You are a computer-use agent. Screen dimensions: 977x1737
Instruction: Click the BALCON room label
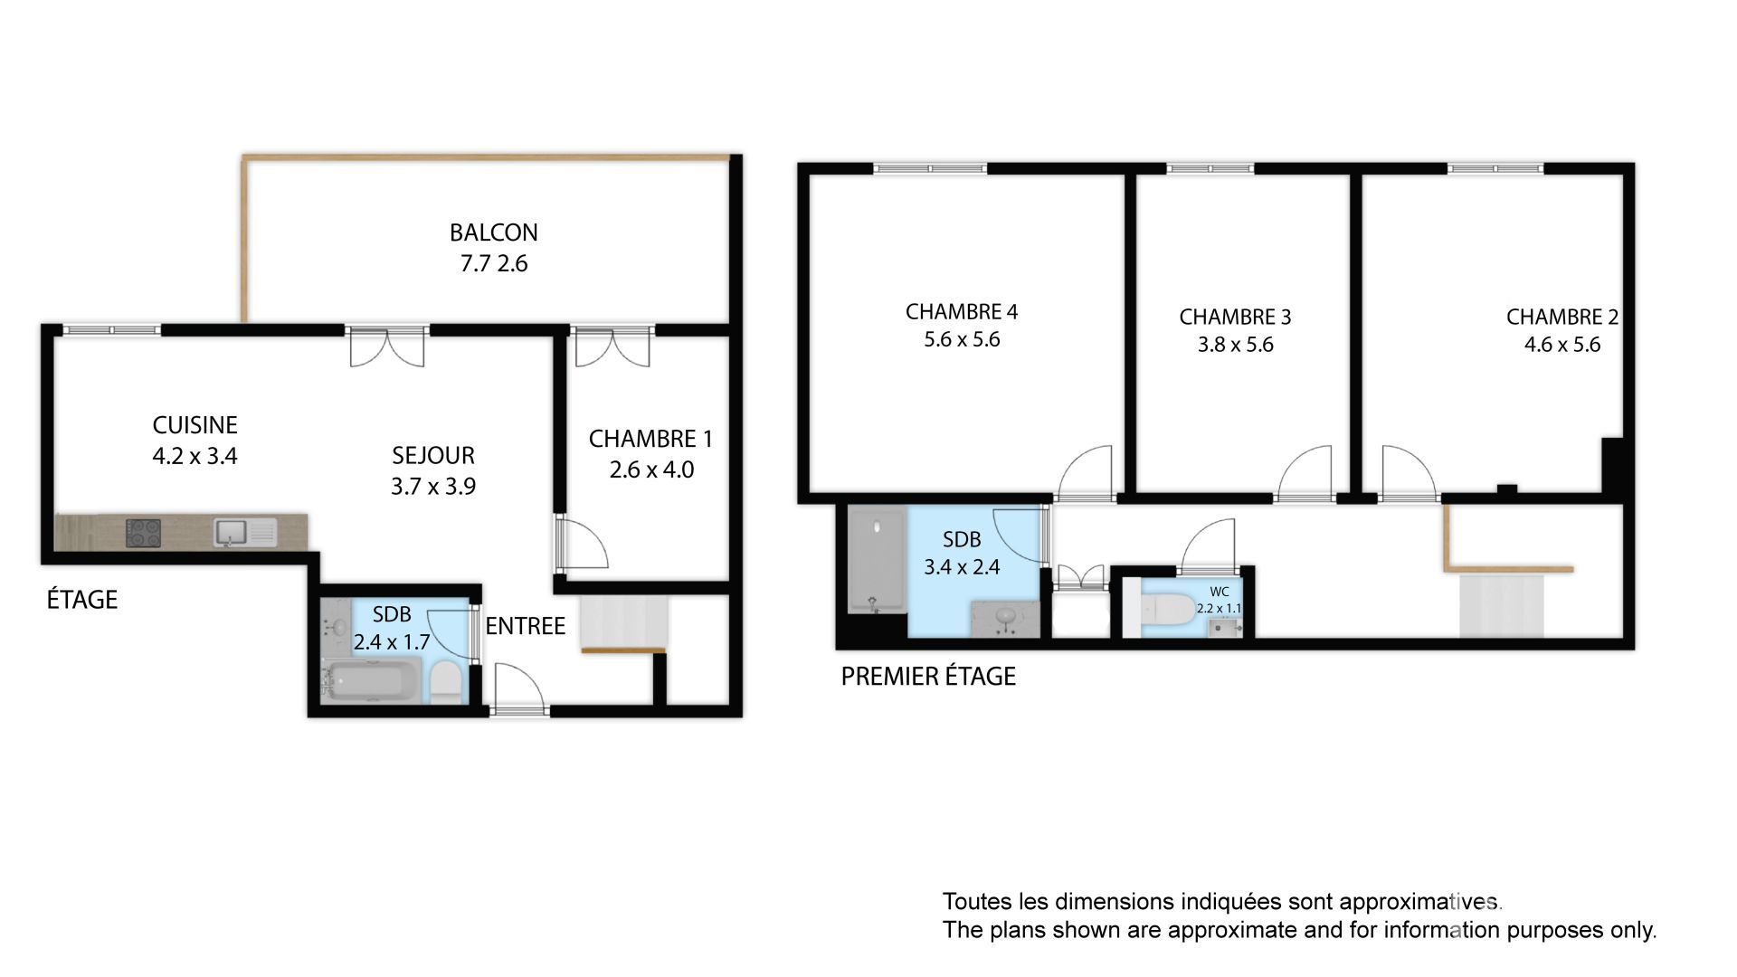(x=493, y=232)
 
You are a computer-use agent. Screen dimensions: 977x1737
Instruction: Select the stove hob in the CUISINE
(x=143, y=532)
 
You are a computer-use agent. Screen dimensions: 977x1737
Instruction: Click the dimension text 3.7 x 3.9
(x=432, y=487)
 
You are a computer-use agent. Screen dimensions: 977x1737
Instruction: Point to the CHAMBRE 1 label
(x=650, y=440)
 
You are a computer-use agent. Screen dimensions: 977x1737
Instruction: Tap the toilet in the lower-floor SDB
(x=444, y=682)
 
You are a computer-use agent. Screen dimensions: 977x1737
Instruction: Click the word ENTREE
(x=525, y=626)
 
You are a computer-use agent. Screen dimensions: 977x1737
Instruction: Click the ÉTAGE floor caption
(x=82, y=600)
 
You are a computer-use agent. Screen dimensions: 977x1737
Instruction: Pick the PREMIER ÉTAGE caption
(x=928, y=677)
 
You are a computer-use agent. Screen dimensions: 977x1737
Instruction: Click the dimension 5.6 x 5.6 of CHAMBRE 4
(x=961, y=340)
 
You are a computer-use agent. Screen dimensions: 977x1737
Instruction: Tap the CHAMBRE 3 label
(x=1235, y=318)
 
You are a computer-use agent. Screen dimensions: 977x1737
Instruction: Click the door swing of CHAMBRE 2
(x=1406, y=472)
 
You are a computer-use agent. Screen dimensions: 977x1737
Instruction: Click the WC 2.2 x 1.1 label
(x=1219, y=601)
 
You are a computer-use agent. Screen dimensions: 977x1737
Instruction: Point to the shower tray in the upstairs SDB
(x=877, y=560)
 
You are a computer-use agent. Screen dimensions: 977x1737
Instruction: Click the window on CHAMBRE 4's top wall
(x=929, y=168)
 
